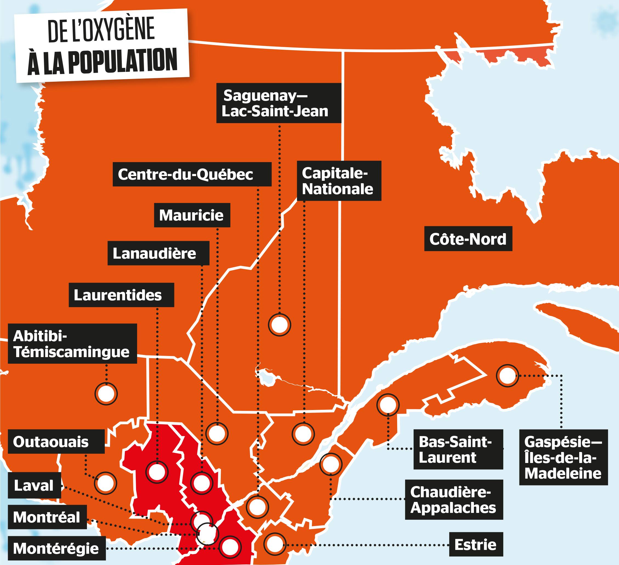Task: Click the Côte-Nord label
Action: click(x=468, y=239)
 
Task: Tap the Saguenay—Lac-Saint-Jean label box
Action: click(x=278, y=103)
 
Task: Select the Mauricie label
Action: click(x=192, y=215)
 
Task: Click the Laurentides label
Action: click(x=121, y=295)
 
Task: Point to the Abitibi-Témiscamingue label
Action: click(x=72, y=344)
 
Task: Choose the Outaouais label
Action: click(x=56, y=442)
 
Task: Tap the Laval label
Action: click(x=34, y=485)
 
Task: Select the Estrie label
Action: click(x=476, y=544)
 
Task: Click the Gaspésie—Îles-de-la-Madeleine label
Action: click(x=563, y=457)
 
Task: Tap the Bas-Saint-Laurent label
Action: click(x=458, y=449)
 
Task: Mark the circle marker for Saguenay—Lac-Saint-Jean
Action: click(x=279, y=324)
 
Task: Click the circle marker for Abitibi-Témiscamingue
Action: click(x=106, y=394)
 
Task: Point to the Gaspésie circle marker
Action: click(x=507, y=375)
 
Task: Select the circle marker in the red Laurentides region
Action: click(x=157, y=472)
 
